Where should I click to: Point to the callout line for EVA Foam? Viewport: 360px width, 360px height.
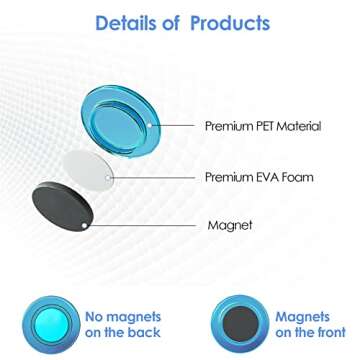(155, 178)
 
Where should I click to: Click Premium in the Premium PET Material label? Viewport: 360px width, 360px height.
(226, 127)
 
